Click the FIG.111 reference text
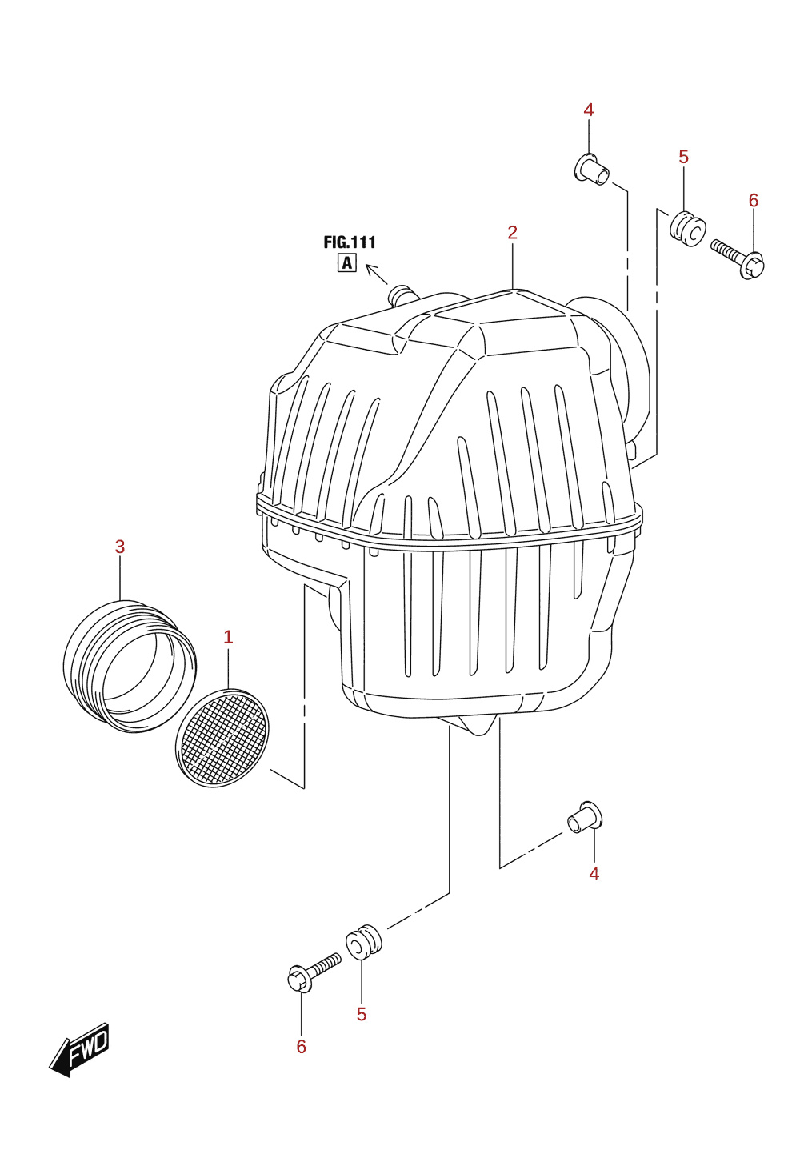[x=350, y=242]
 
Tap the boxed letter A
[x=346, y=263]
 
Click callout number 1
[x=228, y=636]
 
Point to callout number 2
[x=513, y=233]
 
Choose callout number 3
[x=120, y=547]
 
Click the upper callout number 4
[x=589, y=110]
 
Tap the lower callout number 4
[x=594, y=873]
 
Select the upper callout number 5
[x=683, y=157]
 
